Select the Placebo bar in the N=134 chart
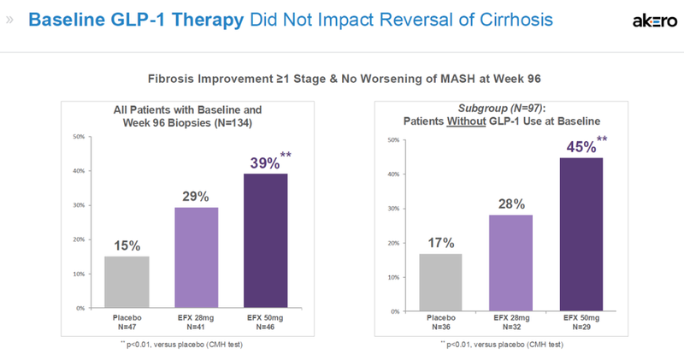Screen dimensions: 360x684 [126, 281]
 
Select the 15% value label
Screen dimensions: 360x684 [126, 245]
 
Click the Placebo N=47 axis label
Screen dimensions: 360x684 [126, 322]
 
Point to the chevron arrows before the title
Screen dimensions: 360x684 [10, 20]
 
